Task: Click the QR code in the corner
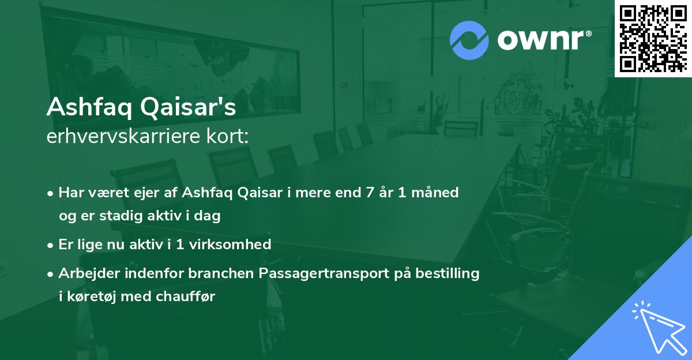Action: coord(652,37)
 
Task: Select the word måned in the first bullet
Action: coord(437,193)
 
